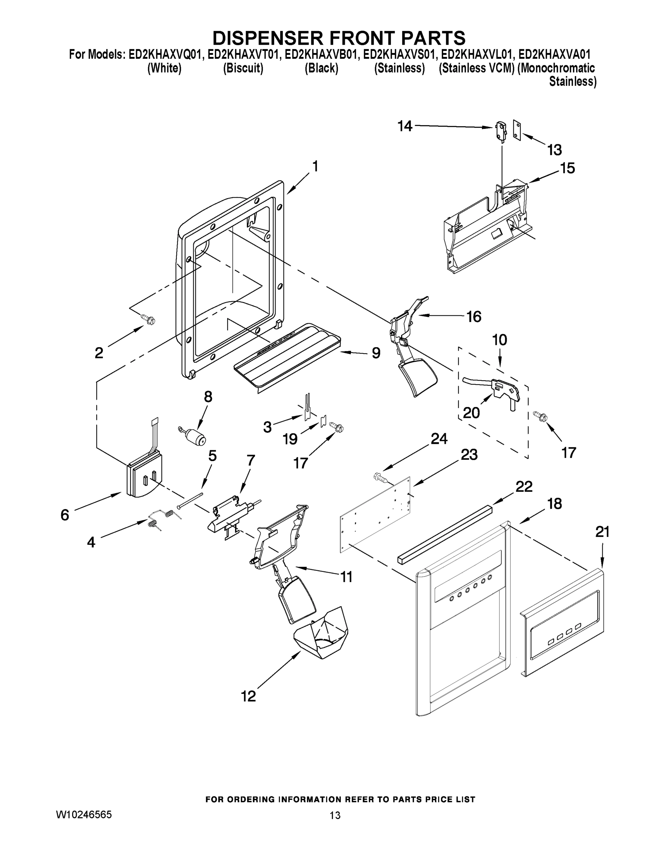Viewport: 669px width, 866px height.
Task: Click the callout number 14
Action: [x=405, y=127]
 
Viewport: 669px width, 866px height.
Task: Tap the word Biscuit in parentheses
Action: [x=243, y=68]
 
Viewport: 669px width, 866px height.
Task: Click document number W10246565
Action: [x=84, y=814]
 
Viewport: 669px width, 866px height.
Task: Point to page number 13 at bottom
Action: [x=335, y=815]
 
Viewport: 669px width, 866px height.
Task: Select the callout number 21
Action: [x=602, y=532]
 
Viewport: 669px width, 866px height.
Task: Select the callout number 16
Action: [x=474, y=316]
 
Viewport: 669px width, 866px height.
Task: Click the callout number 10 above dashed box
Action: [x=499, y=340]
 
